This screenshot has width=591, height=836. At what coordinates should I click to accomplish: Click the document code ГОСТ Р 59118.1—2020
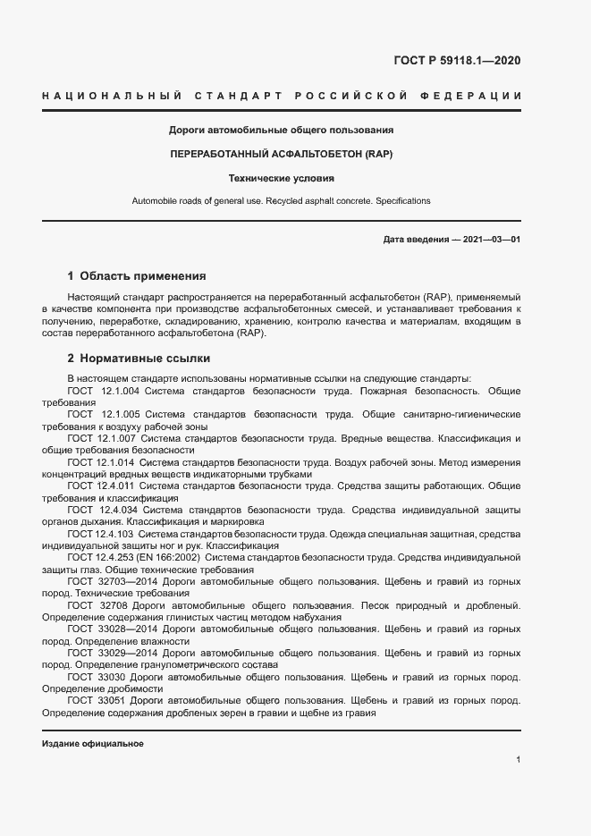457,61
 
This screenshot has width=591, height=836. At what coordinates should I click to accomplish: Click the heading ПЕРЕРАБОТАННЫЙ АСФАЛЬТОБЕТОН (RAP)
282,154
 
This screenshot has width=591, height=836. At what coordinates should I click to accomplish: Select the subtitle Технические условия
282,178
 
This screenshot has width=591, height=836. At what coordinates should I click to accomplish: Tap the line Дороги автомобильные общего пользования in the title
282,130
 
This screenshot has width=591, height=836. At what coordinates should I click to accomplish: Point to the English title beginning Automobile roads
282,201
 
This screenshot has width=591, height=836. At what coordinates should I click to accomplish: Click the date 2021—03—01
490,240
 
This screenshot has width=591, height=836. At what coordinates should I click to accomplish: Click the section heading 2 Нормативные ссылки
139,359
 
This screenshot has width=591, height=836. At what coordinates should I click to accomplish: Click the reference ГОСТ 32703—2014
105,580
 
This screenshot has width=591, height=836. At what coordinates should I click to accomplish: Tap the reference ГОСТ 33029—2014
105,654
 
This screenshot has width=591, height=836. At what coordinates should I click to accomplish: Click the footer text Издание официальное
92,744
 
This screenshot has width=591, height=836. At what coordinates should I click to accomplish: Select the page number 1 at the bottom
519,760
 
